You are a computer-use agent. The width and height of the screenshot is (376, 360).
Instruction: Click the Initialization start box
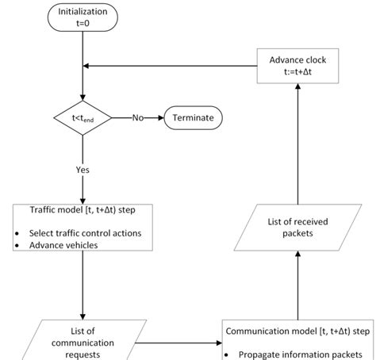(x=82, y=17)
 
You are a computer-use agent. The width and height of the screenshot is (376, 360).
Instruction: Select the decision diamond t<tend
(x=83, y=118)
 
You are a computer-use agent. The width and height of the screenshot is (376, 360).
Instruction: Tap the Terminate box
(x=193, y=118)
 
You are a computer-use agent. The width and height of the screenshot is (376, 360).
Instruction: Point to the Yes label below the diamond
(x=82, y=169)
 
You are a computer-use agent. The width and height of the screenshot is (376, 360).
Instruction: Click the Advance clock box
(x=298, y=64)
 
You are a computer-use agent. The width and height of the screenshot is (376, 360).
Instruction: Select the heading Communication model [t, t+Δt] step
(x=298, y=332)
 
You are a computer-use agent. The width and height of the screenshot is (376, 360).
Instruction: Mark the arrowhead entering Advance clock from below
(x=298, y=86)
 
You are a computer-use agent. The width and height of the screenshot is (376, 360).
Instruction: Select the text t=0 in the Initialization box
(x=82, y=24)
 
